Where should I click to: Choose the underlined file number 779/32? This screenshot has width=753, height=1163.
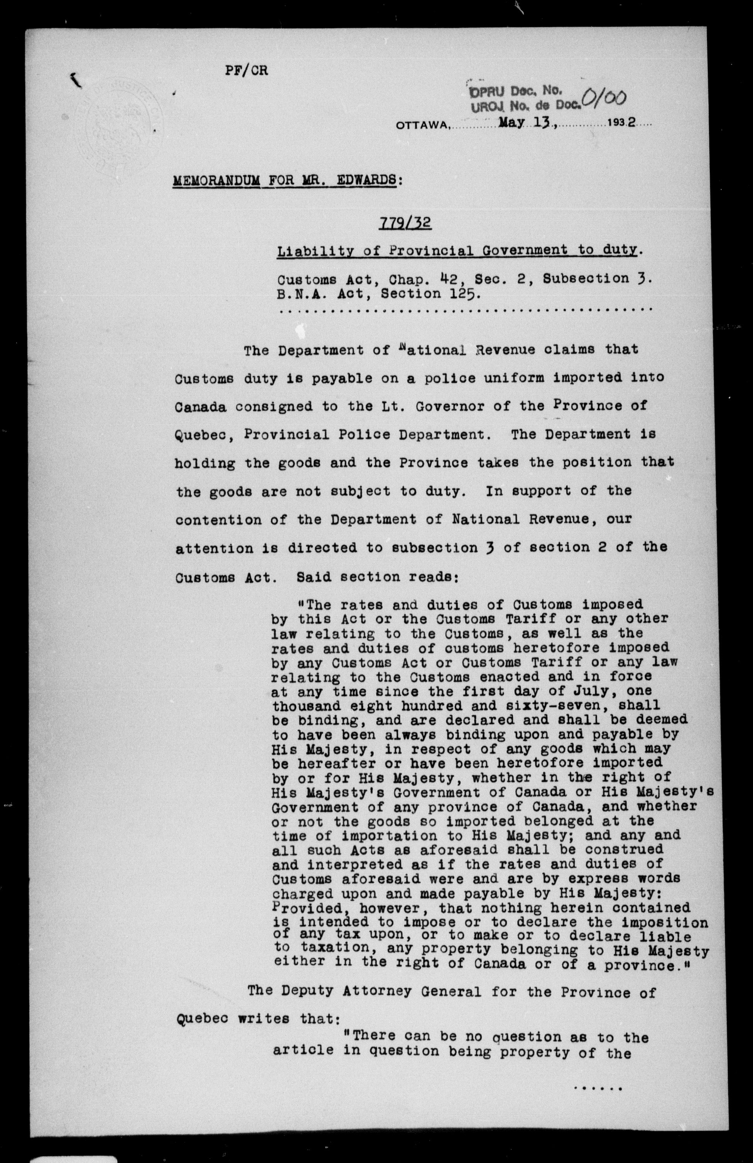(x=405, y=223)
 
